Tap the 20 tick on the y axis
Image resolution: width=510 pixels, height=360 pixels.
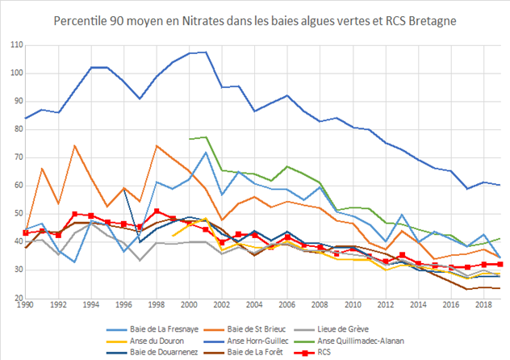(x=17, y=299)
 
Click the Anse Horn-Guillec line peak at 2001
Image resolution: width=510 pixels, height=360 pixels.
(x=205, y=52)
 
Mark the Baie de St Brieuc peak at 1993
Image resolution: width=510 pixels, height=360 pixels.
(x=75, y=146)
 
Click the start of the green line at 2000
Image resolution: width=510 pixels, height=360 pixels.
(x=189, y=139)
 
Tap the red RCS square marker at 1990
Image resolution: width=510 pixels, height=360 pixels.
(x=27, y=232)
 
